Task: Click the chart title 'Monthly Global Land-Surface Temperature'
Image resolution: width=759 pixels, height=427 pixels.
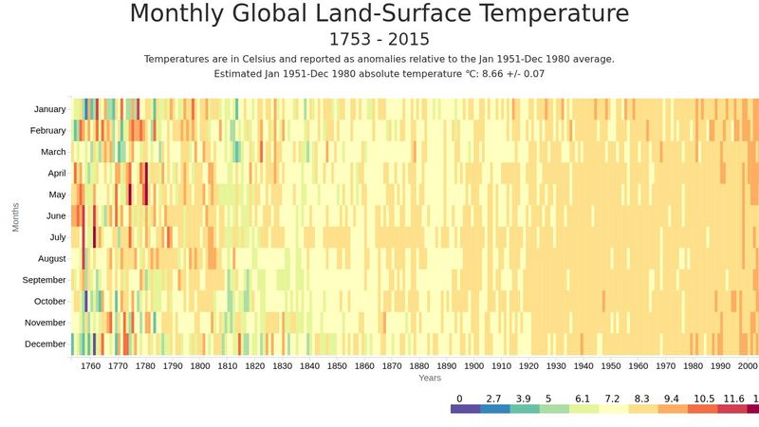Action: click(x=379, y=14)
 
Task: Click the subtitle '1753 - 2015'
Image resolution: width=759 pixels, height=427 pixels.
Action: click(x=379, y=39)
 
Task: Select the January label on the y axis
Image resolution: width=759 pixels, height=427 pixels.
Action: click(x=49, y=109)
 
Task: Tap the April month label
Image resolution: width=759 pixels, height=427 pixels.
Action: click(x=56, y=173)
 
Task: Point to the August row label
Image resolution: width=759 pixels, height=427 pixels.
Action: click(x=51, y=258)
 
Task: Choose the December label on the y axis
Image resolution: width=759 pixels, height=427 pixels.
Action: click(x=46, y=343)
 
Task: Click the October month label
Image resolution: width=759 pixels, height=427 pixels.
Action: click(x=49, y=301)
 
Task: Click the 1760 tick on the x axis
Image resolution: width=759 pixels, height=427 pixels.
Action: click(x=90, y=365)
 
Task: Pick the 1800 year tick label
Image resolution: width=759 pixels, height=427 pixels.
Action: click(x=200, y=365)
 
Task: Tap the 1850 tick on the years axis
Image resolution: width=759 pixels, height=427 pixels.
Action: click(x=338, y=365)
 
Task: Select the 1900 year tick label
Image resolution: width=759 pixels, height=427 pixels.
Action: click(x=474, y=365)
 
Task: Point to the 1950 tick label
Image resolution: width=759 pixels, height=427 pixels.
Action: click(x=611, y=365)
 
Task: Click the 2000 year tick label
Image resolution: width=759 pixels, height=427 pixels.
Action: click(x=748, y=365)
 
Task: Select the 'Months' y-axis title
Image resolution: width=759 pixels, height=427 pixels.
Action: click(x=16, y=215)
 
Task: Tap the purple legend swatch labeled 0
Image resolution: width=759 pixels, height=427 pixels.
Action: click(x=465, y=409)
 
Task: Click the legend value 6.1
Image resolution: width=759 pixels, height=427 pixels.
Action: click(x=583, y=399)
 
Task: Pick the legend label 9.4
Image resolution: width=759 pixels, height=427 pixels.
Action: click(x=671, y=399)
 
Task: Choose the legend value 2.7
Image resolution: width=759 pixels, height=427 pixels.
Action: click(x=494, y=399)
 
